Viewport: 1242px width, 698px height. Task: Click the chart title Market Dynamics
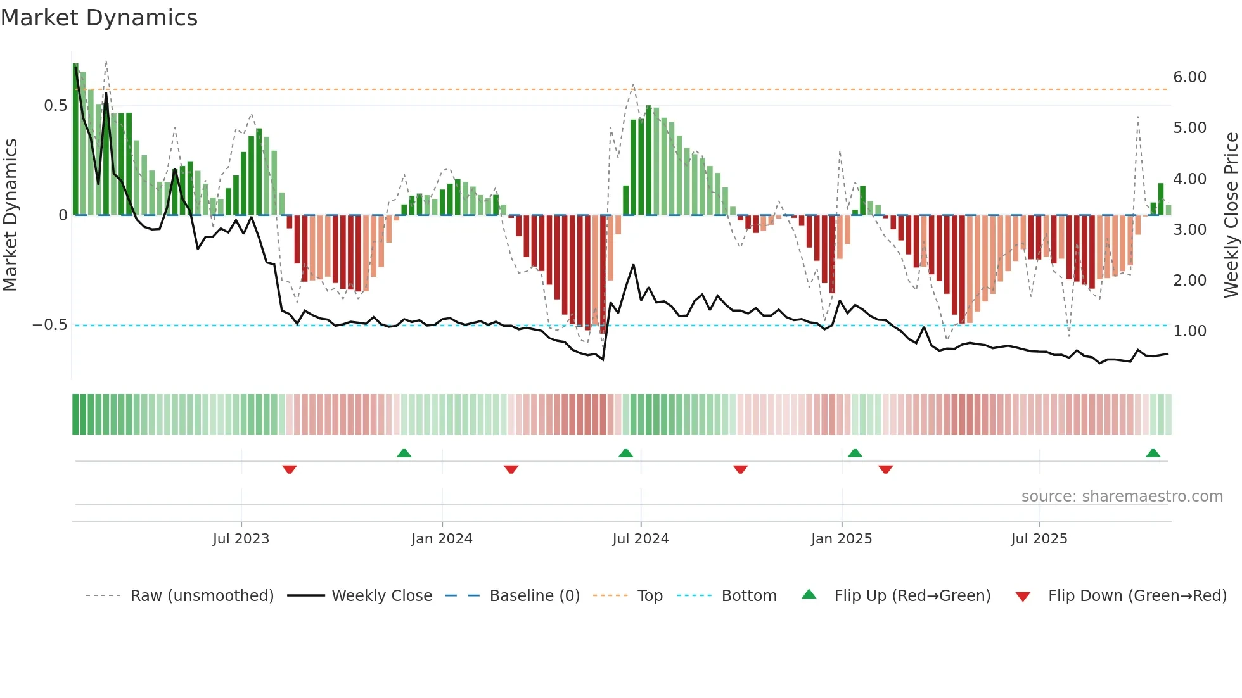point(99,18)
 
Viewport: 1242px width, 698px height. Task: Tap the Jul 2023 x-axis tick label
point(241,539)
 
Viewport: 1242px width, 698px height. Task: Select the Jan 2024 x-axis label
point(442,539)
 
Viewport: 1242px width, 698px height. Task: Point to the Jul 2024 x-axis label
point(640,539)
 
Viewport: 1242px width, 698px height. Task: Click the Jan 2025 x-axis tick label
point(841,539)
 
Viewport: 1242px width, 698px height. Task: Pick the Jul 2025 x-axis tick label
point(1039,539)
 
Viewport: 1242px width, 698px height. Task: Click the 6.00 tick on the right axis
point(1189,77)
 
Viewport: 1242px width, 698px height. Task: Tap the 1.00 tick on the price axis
point(1189,331)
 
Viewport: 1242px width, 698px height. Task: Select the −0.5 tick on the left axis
point(50,325)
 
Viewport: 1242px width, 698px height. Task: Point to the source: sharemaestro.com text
point(1122,497)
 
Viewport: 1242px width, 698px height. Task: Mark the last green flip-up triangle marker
point(1153,454)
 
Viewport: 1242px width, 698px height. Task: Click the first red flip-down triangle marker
point(290,469)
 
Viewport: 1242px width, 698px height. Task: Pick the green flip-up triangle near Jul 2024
point(625,454)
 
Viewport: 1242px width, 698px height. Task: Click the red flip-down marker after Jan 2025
point(885,469)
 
